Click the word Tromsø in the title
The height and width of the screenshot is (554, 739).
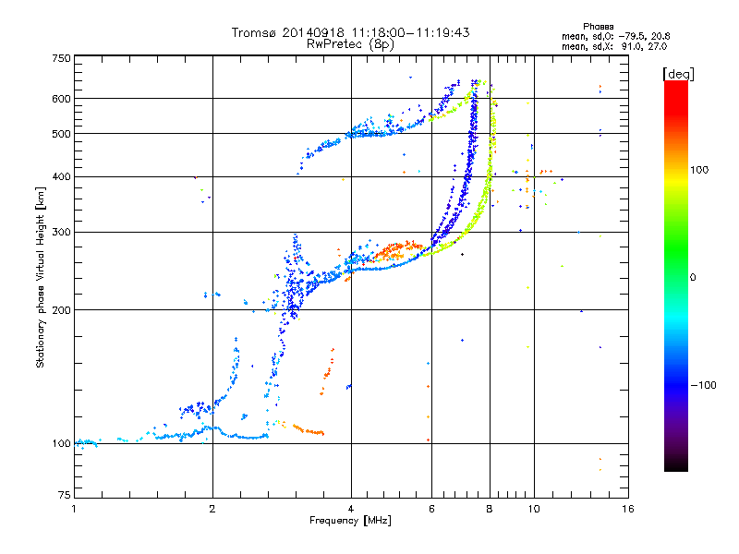[255, 32]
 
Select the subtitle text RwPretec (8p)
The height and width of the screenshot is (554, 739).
[350, 44]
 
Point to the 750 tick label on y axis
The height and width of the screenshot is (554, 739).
[62, 58]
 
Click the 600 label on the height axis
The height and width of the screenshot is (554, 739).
[62, 99]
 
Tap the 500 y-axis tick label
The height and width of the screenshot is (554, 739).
[62, 134]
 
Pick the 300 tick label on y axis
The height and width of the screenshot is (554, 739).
[62, 233]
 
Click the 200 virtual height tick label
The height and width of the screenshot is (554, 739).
[62, 310]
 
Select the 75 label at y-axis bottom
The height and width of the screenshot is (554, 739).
[65, 495]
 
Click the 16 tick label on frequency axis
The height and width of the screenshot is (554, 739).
[628, 509]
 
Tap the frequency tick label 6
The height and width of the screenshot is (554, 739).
[431, 509]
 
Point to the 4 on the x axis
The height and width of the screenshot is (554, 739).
[351, 509]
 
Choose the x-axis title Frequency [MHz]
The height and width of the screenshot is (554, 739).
[350, 521]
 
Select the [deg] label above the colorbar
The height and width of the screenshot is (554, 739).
[678, 75]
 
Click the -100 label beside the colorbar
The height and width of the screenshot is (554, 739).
[704, 385]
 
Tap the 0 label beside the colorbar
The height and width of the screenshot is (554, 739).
[693, 278]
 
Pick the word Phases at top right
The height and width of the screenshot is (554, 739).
[599, 27]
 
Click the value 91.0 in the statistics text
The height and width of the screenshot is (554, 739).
[631, 47]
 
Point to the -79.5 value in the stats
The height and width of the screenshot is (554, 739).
[633, 36]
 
